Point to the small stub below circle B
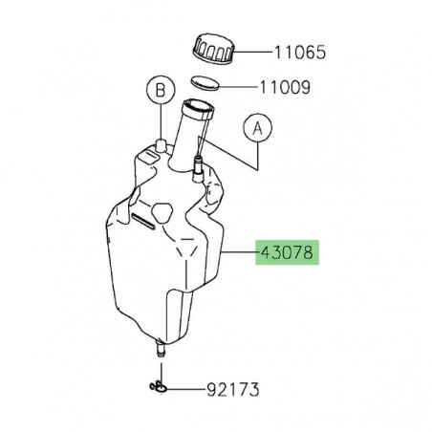(x=161, y=145)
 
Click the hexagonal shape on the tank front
(x=162, y=210)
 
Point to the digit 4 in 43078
(x=263, y=255)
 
